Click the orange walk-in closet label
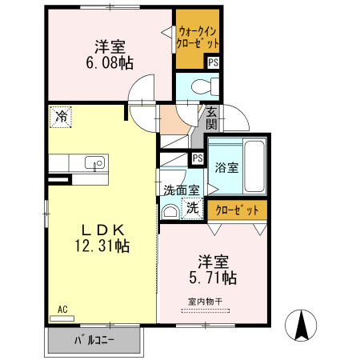[198, 37]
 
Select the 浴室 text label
[226, 168]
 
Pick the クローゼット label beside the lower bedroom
[238, 210]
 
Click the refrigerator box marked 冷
[61, 117]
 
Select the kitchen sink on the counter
[94, 163]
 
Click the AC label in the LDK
[62, 308]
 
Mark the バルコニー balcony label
[94, 340]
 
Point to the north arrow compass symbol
[304, 325]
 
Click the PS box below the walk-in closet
[213, 62]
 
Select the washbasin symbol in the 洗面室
[170, 212]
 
